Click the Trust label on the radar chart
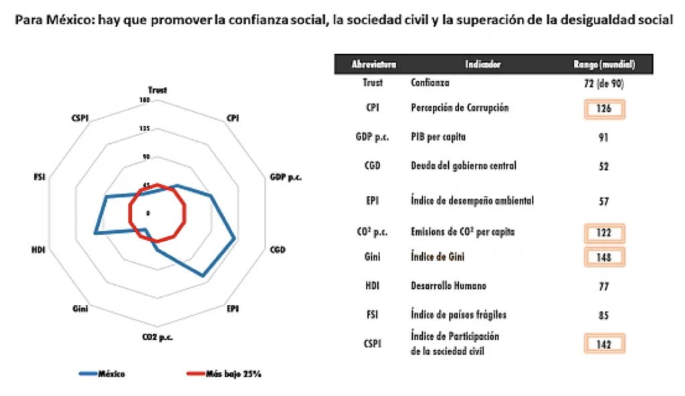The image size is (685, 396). coord(158,90)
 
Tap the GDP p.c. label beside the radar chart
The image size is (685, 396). coord(286,177)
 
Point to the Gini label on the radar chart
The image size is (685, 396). coord(80,308)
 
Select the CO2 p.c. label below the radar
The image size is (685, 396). coord(158,336)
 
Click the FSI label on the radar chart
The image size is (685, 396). coord(39,177)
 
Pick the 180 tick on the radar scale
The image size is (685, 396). coord(144,100)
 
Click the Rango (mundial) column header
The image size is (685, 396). coord(604,64)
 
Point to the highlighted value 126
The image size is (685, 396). coord(604,108)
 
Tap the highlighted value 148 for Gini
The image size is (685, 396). coord(604,256)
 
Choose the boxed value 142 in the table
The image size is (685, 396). coord(604,344)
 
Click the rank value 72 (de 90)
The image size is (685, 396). coord(604,83)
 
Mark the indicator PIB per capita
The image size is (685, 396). coord(437,137)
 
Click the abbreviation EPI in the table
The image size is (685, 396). coord(373,200)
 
